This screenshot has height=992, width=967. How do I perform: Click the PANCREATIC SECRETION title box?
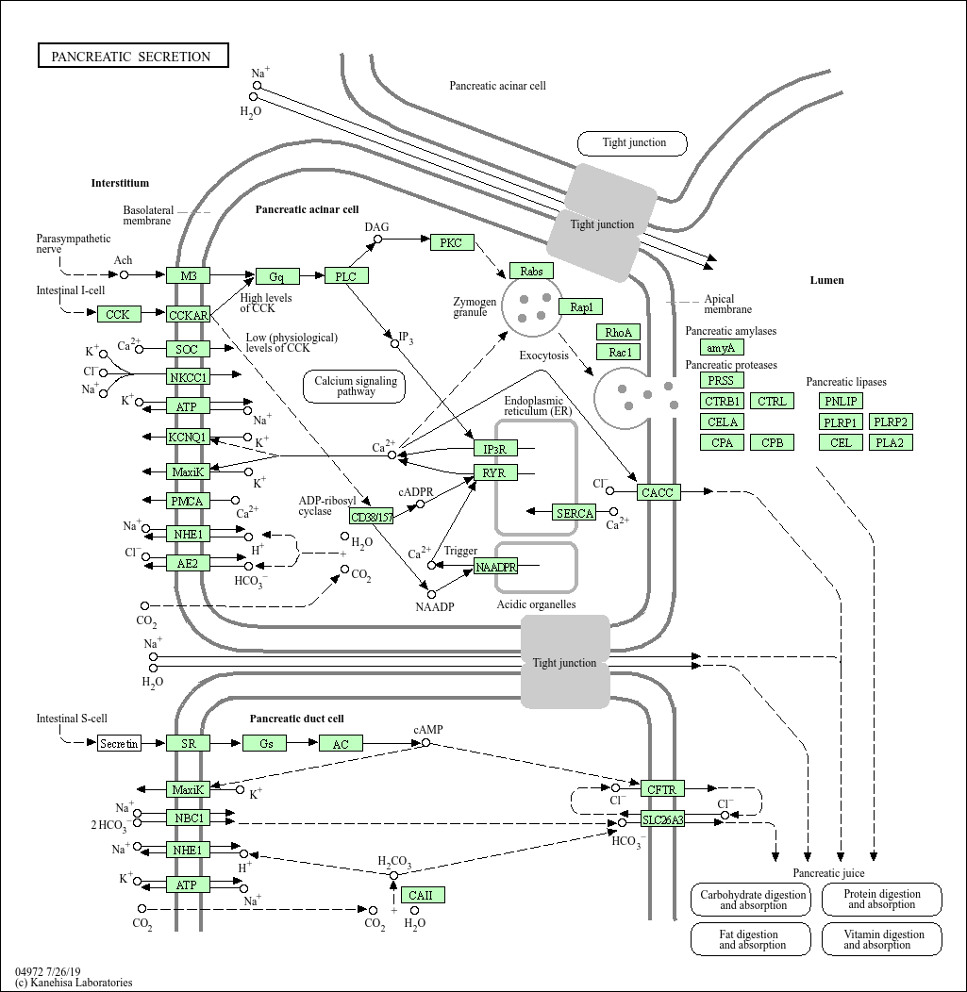(132, 57)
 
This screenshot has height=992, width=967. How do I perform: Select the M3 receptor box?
(189, 275)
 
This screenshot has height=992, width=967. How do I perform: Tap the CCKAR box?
(189, 315)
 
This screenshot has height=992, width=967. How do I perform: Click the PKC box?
(452, 243)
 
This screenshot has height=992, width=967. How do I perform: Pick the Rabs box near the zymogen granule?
(531, 272)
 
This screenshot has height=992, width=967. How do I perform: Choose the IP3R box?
(495, 449)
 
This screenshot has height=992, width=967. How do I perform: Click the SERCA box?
(575, 513)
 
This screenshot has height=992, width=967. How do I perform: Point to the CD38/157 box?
(372, 518)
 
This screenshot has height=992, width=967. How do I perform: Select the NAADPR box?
(495, 567)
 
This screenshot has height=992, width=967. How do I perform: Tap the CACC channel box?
(658, 492)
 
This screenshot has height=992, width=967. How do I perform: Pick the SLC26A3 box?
(663, 819)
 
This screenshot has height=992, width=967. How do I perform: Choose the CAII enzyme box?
(422, 895)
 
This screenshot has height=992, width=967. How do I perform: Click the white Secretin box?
(120, 744)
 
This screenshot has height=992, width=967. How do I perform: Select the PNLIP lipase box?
(841, 402)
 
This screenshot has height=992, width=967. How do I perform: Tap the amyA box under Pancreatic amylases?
(722, 348)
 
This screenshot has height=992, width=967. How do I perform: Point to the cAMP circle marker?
(425, 743)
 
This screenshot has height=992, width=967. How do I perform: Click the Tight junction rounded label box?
(633, 143)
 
